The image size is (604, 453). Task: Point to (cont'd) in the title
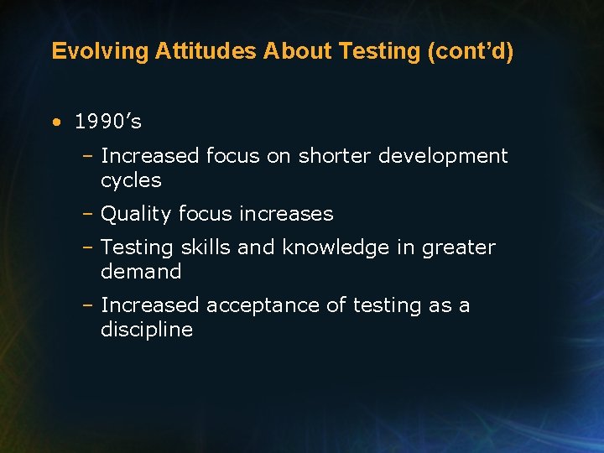(x=471, y=51)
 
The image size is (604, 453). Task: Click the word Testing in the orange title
(x=380, y=51)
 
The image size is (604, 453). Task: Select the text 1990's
(x=108, y=122)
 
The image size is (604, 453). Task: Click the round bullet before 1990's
(x=55, y=122)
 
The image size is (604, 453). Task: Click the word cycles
(x=131, y=180)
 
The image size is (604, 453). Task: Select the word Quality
(x=133, y=215)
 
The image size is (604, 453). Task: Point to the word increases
(x=286, y=215)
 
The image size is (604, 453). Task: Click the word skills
(x=206, y=247)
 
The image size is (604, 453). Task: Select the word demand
(x=141, y=272)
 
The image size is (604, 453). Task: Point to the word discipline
(x=147, y=330)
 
